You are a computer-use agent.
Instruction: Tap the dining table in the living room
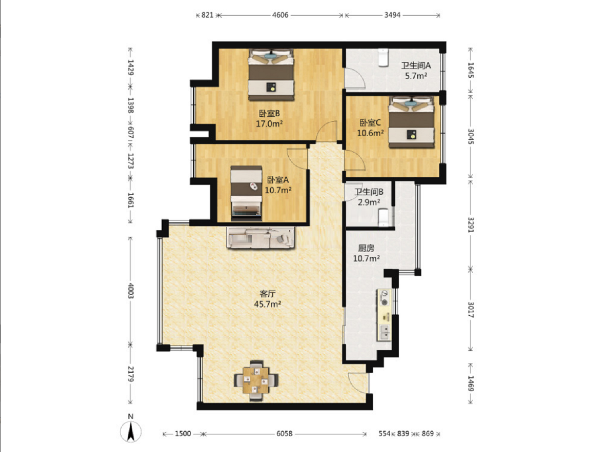pyautogui.click(x=255, y=381)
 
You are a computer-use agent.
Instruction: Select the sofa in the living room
pyautogui.click(x=260, y=237)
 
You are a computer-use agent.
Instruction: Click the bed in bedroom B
pyautogui.click(x=271, y=75)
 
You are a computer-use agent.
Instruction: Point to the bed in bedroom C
pyautogui.click(x=411, y=122)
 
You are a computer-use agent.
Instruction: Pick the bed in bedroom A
pyautogui.click(x=246, y=193)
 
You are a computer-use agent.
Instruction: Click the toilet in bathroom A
pyautogui.click(x=383, y=58)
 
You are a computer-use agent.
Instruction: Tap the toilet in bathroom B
pyautogui.click(x=383, y=218)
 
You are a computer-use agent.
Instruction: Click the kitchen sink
pyautogui.click(x=384, y=332)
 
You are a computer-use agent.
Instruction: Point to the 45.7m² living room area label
pyautogui.click(x=267, y=304)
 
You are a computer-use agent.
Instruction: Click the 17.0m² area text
pyautogui.click(x=269, y=123)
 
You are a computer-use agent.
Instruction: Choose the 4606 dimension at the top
pyautogui.click(x=280, y=15)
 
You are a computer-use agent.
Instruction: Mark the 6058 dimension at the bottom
pyautogui.click(x=284, y=434)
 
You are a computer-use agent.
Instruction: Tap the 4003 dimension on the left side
pyautogui.click(x=131, y=291)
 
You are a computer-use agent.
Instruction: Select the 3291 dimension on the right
pyautogui.click(x=470, y=224)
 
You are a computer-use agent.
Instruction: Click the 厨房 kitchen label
pyautogui.click(x=366, y=248)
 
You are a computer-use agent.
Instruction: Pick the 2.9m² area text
pyautogui.click(x=369, y=202)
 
